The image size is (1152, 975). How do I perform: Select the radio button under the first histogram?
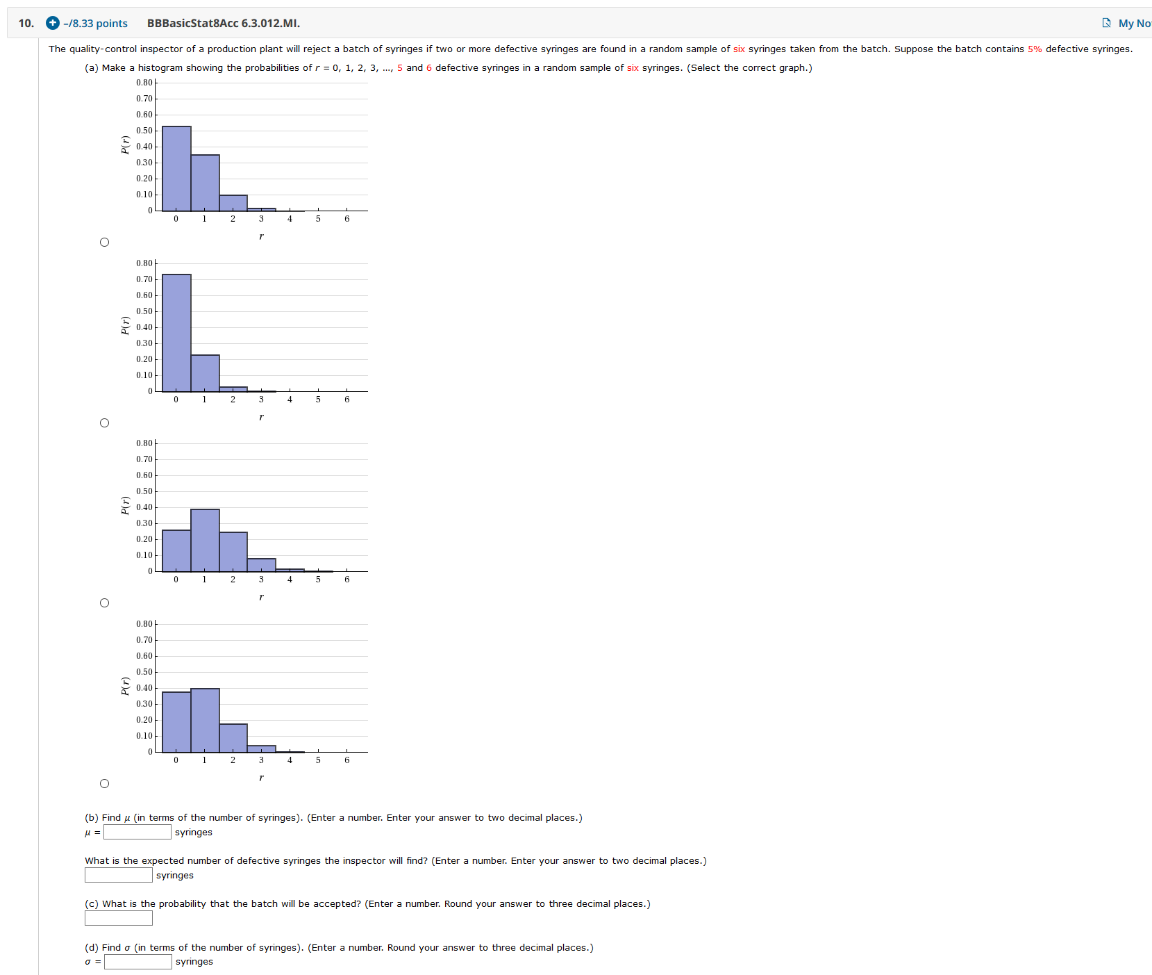[x=104, y=242]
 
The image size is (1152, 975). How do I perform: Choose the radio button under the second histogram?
[x=104, y=423]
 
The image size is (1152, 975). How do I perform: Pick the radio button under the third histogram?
[x=104, y=603]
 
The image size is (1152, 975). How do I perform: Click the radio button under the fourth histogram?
[x=104, y=783]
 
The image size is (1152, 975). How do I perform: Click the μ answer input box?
[x=137, y=832]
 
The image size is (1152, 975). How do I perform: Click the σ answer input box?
[x=138, y=962]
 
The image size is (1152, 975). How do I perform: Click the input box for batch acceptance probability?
[x=119, y=918]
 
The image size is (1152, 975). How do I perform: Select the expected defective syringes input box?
[x=119, y=875]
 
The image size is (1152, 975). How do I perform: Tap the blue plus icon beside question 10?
[x=53, y=23]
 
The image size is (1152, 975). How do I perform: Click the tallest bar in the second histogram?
[x=176, y=334]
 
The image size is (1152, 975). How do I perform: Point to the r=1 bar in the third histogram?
[x=205, y=541]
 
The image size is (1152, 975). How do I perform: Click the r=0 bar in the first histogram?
[x=176, y=169]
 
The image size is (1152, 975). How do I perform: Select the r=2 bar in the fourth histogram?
[x=233, y=738]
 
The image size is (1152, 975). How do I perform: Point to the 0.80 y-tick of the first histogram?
[x=144, y=83]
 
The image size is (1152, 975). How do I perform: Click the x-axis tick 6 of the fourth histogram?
[x=347, y=760]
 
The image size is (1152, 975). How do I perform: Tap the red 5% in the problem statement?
[x=1035, y=49]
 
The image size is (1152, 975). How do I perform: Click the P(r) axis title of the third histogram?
[x=126, y=505]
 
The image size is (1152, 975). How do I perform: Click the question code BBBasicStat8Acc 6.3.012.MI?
[x=224, y=23]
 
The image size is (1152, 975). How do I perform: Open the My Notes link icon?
[x=1106, y=23]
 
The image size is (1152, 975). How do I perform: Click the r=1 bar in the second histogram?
[x=205, y=373]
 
